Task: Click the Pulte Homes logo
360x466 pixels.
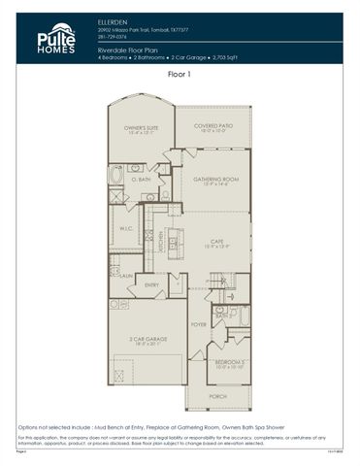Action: coord(56,39)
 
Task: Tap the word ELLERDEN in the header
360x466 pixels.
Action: coord(113,19)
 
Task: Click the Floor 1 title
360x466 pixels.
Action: coord(180,74)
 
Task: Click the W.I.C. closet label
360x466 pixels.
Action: coord(126,229)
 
